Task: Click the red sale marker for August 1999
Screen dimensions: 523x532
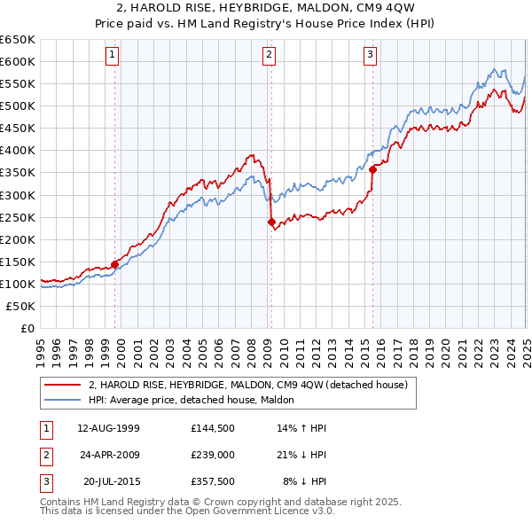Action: (x=114, y=264)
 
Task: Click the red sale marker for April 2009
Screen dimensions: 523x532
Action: (x=271, y=222)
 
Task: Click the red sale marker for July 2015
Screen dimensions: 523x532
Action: (x=372, y=169)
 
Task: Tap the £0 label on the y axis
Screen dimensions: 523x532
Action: (x=26, y=328)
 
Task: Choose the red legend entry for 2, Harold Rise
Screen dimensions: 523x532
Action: (x=247, y=385)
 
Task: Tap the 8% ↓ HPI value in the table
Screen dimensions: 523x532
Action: (x=304, y=481)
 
